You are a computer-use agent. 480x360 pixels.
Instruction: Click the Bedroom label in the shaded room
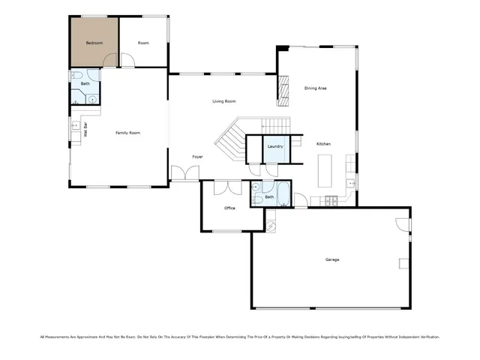pyautogui.click(x=94, y=43)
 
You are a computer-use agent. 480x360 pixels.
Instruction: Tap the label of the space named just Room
pyautogui.click(x=143, y=43)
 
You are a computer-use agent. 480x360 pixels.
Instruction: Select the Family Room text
pyautogui.click(x=127, y=133)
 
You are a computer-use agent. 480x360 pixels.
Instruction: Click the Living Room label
pyautogui.click(x=223, y=100)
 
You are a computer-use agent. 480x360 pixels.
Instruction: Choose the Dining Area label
pyautogui.click(x=315, y=88)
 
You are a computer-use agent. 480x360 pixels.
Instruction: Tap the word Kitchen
pyautogui.click(x=323, y=144)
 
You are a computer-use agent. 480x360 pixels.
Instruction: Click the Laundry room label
pyautogui.click(x=275, y=146)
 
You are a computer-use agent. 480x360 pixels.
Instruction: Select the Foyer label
pyautogui.click(x=197, y=156)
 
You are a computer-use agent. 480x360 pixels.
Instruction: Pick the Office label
pyautogui.click(x=230, y=208)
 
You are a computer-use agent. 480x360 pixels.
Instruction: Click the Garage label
pyautogui.click(x=331, y=259)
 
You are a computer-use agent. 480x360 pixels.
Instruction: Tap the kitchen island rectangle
pyautogui.click(x=325, y=171)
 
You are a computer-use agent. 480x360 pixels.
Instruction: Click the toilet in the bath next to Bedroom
pyautogui.click(x=77, y=77)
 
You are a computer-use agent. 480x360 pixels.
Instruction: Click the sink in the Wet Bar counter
pyautogui.click(x=75, y=127)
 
